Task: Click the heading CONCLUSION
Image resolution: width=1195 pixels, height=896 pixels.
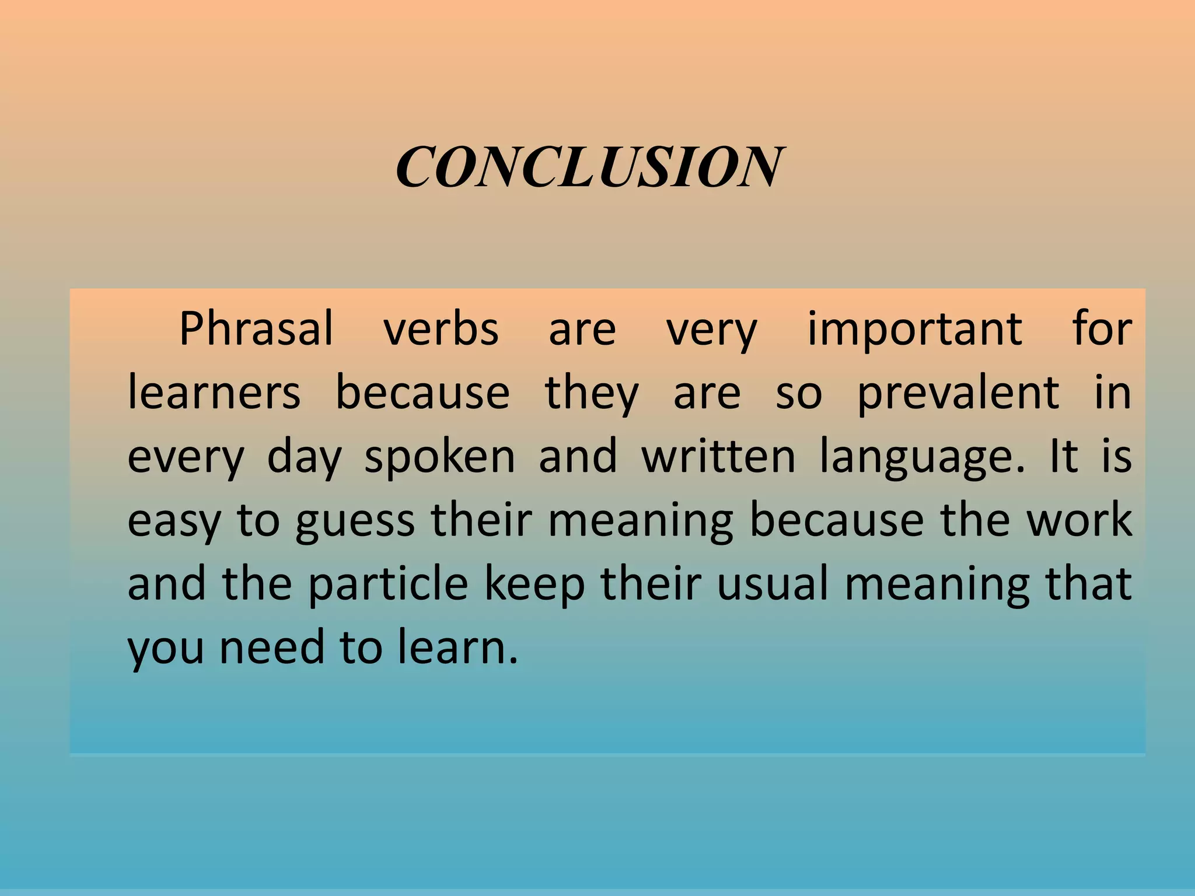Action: [x=590, y=167]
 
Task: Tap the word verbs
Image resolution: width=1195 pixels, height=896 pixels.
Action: [x=441, y=328]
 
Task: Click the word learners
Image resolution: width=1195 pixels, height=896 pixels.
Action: [x=214, y=392]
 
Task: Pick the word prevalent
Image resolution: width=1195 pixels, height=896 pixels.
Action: [x=958, y=393]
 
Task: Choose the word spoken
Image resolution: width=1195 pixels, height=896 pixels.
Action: [x=439, y=457]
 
